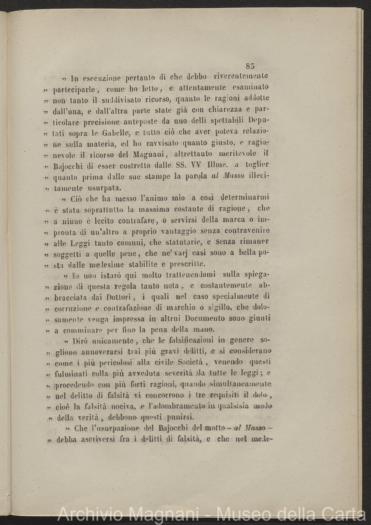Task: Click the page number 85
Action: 250,66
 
